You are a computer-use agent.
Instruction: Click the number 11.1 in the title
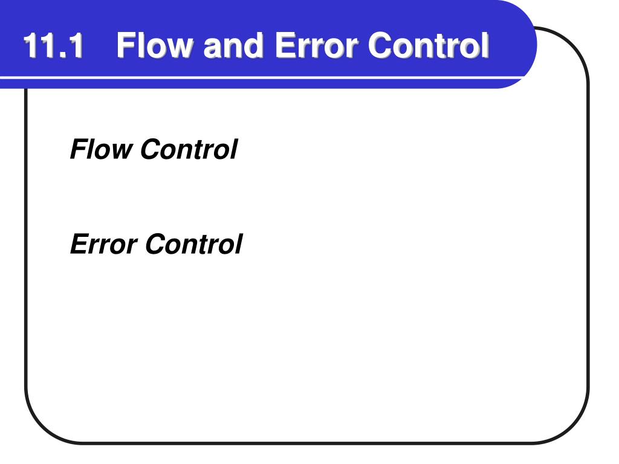click(x=53, y=45)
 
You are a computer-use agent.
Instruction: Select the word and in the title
click(x=233, y=45)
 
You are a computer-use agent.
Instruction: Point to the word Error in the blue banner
click(x=317, y=45)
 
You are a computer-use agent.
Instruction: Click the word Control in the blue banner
click(x=429, y=45)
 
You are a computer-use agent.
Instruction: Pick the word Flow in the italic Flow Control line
click(x=101, y=149)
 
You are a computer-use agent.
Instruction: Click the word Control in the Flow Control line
click(x=189, y=149)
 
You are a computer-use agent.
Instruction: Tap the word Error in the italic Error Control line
click(x=103, y=244)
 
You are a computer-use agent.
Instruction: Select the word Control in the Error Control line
click(x=194, y=244)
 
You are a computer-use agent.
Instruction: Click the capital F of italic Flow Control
click(x=80, y=149)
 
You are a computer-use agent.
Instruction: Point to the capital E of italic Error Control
click(x=82, y=244)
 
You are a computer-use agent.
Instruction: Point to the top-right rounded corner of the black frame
click(x=574, y=43)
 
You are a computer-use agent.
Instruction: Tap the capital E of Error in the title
click(x=285, y=45)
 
